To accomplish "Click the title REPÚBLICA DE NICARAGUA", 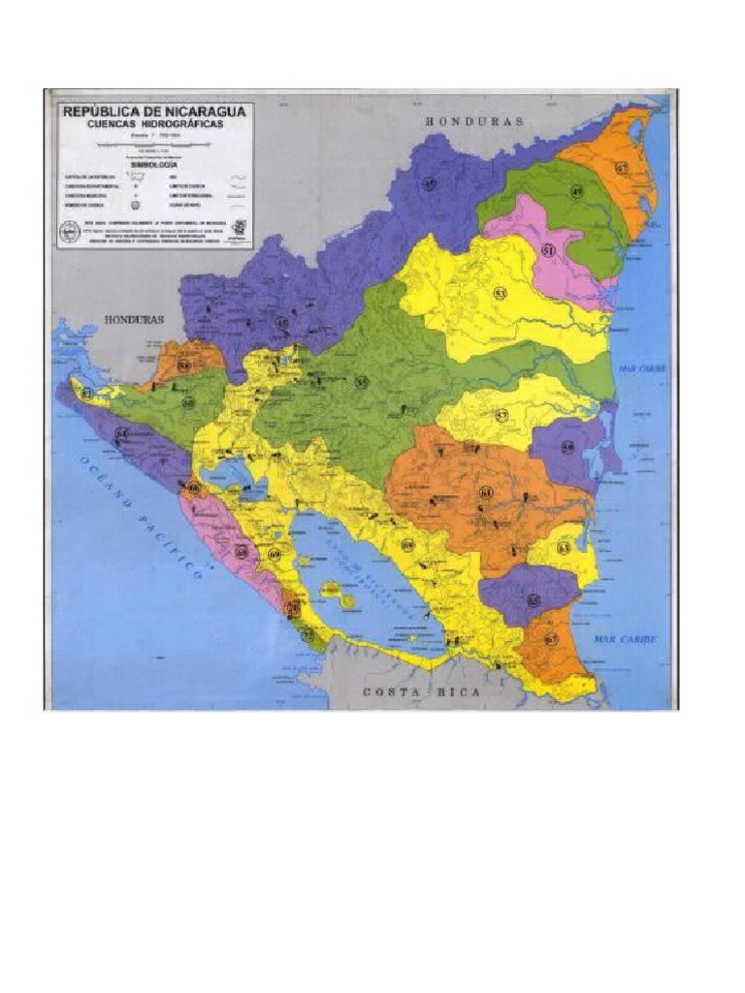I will point(155,112).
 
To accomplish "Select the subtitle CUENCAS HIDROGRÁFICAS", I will point(155,124).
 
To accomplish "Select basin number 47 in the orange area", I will point(621,167).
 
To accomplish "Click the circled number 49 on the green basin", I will point(576,192).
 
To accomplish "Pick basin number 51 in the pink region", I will point(548,250).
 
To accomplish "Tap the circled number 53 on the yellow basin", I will point(500,293).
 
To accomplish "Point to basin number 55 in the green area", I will point(362,382).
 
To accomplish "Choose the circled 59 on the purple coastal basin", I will point(567,447).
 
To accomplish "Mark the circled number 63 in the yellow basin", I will point(564,548).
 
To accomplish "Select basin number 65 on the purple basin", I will point(534,600).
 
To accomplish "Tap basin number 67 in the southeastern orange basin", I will point(551,639).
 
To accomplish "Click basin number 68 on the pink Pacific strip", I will point(242,551).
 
